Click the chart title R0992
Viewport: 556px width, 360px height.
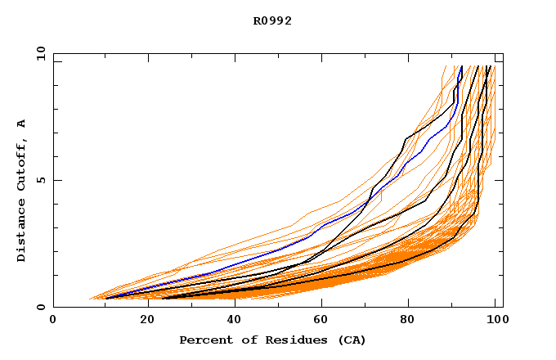[x=272, y=21]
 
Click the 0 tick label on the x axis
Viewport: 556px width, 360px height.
[x=54, y=321]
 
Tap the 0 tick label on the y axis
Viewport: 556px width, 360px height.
[x=40, y=307]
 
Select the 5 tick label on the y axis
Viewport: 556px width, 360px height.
[x=40, y=180]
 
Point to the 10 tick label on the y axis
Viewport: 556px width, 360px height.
[x=38, y=52]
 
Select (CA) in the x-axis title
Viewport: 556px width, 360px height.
[x=350, y=340]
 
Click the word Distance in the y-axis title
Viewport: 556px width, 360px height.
[x=21, y=232]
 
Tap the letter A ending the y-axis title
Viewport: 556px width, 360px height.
[x=21, y=124]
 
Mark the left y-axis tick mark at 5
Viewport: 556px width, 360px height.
[x=56, y=180]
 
